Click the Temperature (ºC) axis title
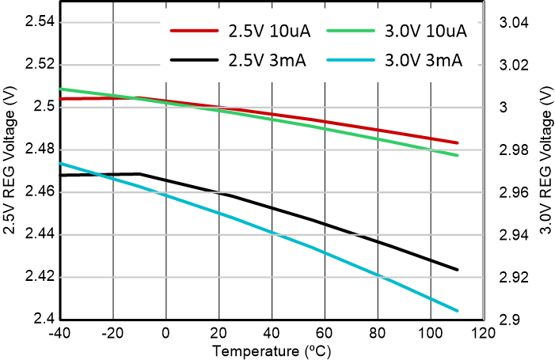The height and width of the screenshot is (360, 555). coord(272,349)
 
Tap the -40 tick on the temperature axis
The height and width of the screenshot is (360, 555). coord(60,332)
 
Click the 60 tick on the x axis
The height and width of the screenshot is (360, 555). coord(325,332)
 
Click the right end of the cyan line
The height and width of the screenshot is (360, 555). coord(458,311)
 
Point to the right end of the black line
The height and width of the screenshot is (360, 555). coord(458,270)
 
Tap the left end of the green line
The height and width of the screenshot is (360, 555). coord(61,89)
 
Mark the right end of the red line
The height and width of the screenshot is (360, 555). coord(458,143)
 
